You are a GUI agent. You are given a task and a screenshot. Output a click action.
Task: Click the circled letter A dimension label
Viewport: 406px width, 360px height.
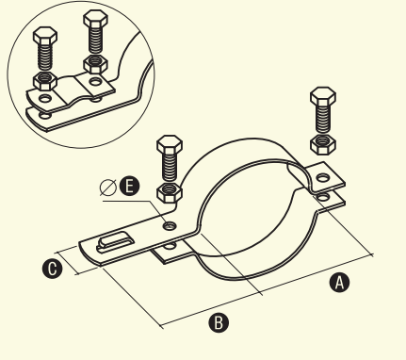tap(339, 283)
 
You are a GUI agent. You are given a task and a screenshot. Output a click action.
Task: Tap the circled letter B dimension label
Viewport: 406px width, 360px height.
tap(219, 322)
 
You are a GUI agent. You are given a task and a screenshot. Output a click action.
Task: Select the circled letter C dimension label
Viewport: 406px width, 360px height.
tap(52, 269)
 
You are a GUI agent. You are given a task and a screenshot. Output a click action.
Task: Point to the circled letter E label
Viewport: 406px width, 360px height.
tap(129, 187)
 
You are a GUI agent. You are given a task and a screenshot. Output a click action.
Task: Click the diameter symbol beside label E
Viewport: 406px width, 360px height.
tap(107, 188)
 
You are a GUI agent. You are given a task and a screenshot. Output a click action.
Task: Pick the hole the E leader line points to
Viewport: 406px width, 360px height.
tap(170, 225)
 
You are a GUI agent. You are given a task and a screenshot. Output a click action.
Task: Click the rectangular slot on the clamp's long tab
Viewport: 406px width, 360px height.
tap(115, 241)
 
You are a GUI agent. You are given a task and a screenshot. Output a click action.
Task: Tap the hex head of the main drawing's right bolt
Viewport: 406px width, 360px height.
tap(323, 95)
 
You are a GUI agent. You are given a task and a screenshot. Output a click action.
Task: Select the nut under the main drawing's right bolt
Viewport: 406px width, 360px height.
tap(323, 145)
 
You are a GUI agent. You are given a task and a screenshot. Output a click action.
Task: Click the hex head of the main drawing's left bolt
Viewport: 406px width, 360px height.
tap(170, 144)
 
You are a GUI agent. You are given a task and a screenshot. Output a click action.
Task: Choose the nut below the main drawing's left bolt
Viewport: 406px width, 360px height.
tap(170, 192)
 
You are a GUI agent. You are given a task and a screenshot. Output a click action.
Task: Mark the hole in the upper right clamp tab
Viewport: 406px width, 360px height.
tap(323, 178)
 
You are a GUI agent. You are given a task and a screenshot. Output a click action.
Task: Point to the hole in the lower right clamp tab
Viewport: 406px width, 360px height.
tap(323, 197)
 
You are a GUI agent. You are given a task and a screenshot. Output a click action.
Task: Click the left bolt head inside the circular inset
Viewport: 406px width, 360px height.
tap(45, 35)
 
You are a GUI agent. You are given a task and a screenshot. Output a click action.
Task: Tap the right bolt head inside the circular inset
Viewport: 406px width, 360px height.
tap(95, 18)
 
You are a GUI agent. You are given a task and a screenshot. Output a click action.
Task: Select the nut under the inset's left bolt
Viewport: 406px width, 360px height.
tap(45, 80)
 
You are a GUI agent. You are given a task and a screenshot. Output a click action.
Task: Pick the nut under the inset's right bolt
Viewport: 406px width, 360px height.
tap(95, 64)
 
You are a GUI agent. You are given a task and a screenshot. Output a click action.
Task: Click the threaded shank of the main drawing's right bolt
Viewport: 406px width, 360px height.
tap(323, 118)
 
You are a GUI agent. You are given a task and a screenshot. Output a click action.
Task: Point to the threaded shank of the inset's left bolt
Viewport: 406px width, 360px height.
tap(45, 57)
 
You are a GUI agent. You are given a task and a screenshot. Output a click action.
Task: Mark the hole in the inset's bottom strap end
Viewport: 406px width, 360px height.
tap(45, 116)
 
